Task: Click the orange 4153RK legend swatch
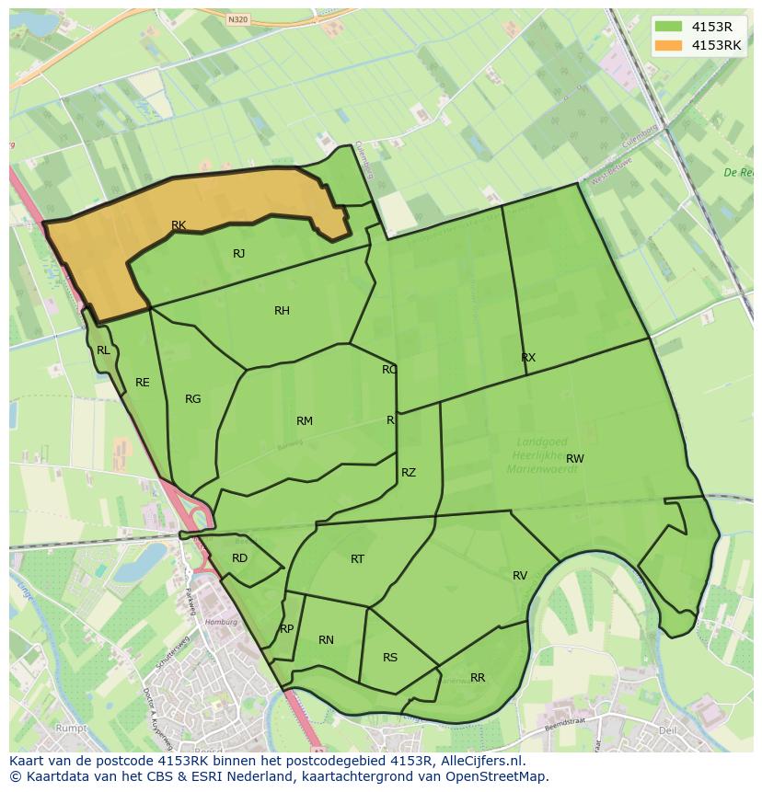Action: (x=669, y=45)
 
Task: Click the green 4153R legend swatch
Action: (x=669, y=26)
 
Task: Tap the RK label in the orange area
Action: (x=179, y=225)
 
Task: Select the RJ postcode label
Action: (x=238, y=254)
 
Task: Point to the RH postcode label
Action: (x=282, y=311)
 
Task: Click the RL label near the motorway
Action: (x=103, y=350)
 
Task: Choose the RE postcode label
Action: (x=142, y=383)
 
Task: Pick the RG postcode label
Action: (x=192, y=399)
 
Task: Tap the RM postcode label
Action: (x=305, y=421)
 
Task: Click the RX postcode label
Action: (x=528, y=358)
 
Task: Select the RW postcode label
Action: (x=575, y=459)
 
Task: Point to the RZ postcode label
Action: (x=409, y=473)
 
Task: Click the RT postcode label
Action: (x=357, y=559)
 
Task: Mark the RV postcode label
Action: (x=520, y=576)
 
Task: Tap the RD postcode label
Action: (x=239, y=558)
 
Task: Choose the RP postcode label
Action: (x=286, y=629)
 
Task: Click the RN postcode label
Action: (x=326, y=640)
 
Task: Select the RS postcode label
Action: (x=390, y=658)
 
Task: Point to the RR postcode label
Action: (x=478, y=678)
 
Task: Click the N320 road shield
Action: (x=237, y=18)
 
